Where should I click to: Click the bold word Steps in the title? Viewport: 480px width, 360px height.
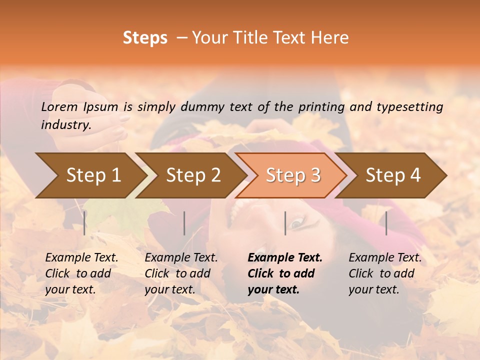tap(145, 38)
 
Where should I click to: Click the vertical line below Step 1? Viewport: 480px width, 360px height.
tap(84, 223)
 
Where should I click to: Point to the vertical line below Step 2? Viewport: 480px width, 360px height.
tap(184, 223)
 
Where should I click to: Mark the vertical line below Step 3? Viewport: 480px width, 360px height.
tap(285, 223)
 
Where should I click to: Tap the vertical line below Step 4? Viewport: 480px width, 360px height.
tap(386, 223)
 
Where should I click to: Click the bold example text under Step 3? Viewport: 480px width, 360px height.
tap(284, 273)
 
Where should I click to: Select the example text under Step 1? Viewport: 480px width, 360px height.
tap(81, 273)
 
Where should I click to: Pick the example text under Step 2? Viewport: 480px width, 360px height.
tap(180, 273)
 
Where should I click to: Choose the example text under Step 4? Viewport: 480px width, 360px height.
tap(384, 273)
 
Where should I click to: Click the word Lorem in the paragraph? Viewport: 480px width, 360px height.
tap(59, 106)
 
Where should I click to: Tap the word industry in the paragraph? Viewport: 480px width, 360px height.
tap(65, 125)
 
